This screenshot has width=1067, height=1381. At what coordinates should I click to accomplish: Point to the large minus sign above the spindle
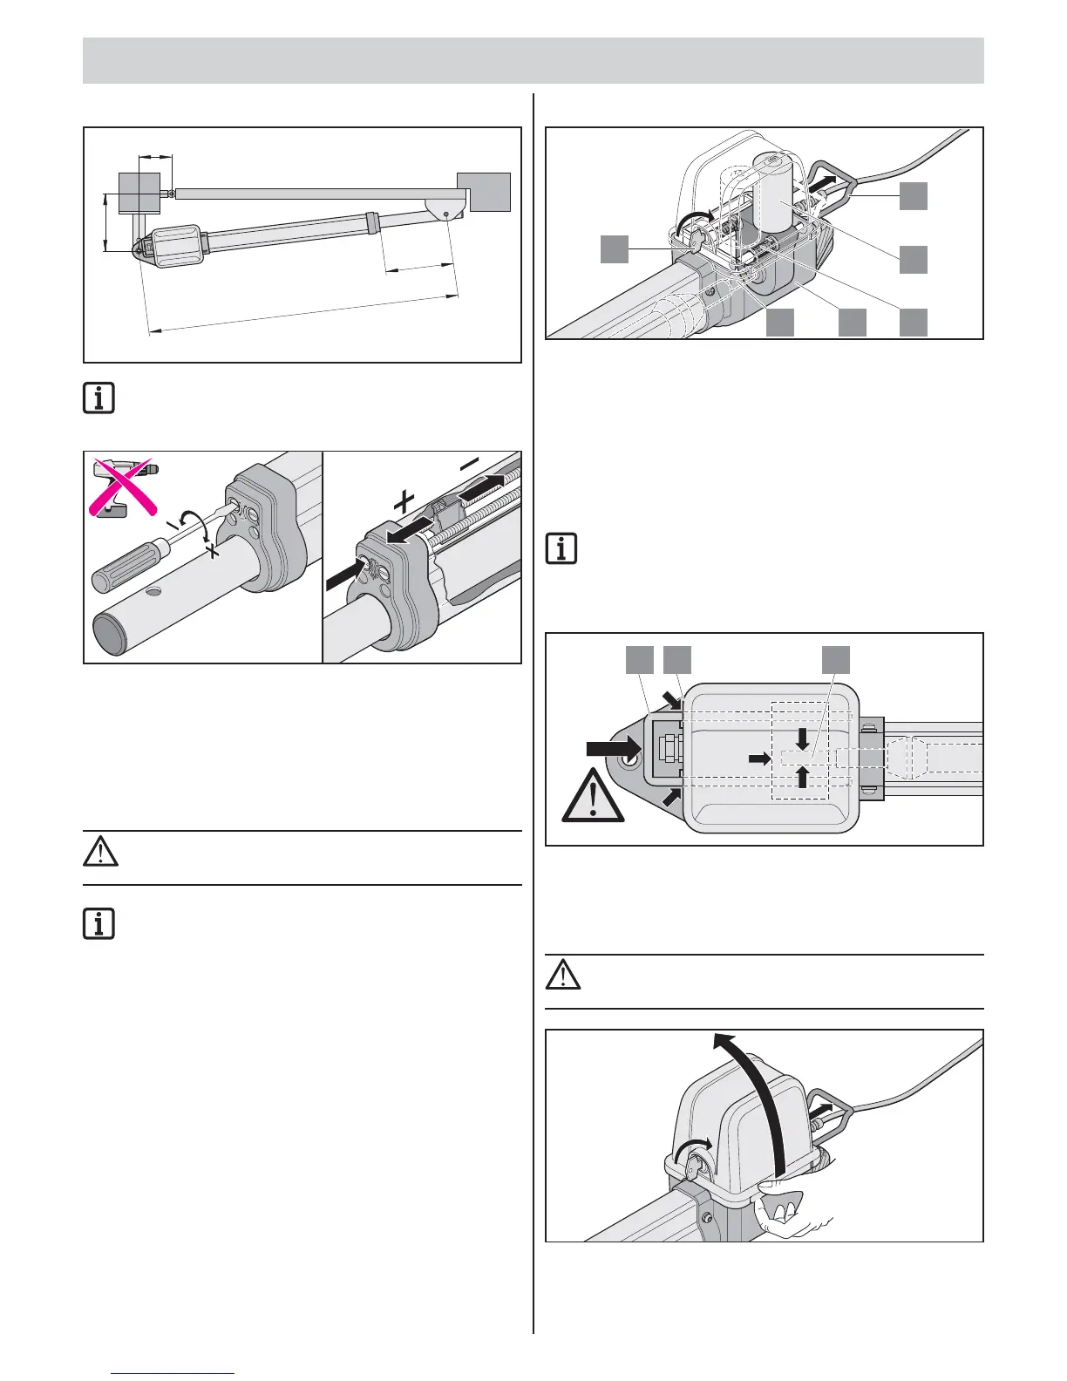point(471,467)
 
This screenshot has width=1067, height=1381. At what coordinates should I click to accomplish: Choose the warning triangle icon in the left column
point(100,851)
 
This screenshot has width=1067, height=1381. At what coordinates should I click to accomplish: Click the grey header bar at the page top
point(533,60)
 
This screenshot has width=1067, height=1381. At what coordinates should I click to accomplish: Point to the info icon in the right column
point(562,548)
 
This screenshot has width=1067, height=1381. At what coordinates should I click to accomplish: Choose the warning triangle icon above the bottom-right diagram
point(563,975)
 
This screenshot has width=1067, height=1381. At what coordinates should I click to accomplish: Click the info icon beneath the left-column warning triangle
point(99,923)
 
